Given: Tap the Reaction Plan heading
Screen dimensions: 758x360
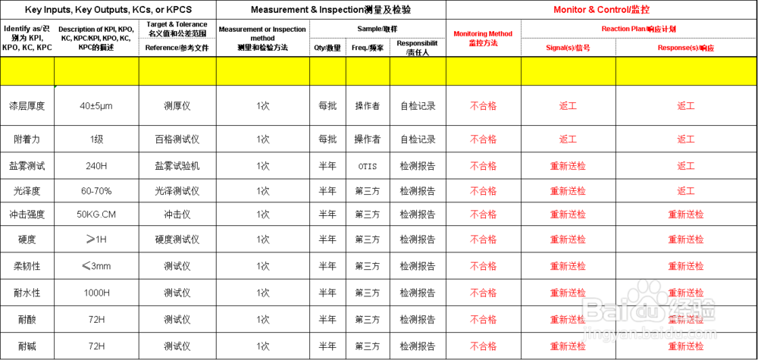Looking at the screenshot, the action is click(x=638, y=29).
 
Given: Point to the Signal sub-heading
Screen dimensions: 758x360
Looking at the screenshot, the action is click(x=568, y=48).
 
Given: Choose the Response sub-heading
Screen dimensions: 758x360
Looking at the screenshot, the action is click(x=685, y=48).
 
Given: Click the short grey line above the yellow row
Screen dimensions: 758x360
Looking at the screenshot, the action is click(x=176, y=37).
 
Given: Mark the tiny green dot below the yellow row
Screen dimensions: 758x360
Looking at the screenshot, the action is click(x=55, y=87).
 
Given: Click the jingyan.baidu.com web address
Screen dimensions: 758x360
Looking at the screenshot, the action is click(x=649, y=333).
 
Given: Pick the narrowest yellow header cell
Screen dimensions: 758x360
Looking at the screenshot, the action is click(x=327, y=71).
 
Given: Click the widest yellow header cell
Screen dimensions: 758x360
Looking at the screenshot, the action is click(x=686, y=71).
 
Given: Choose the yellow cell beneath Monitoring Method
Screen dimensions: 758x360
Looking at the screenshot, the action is click(x=483, y=71).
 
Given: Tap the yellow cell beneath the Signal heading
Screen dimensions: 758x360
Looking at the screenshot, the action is click(x=568, y=71).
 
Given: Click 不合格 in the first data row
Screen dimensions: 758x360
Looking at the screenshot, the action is click(x=483, y=106).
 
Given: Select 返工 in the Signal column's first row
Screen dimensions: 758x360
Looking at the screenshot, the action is click(x=568, y=106).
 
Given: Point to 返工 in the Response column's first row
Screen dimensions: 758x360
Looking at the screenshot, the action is click(x=686, y=106).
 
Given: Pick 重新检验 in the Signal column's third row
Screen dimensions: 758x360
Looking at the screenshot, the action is click(x=568, y=166).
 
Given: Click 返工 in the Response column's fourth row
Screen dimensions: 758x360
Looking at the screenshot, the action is click(x=686, y=191).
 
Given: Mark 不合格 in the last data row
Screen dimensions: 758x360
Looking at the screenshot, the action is click(x=483, y=346).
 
